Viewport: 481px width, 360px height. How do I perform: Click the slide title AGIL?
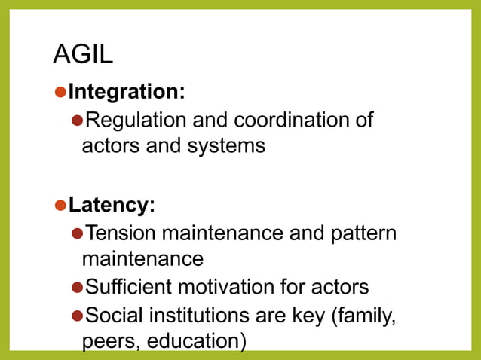click(x=83, y=54)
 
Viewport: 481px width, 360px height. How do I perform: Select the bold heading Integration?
click(x=127, y=92)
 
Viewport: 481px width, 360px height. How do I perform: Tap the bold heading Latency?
click(x=112, y=205)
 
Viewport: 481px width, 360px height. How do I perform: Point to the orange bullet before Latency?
click(x=60, y=205)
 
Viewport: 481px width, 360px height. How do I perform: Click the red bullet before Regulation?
click(x=76, y=121)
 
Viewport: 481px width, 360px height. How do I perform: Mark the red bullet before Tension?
click(x=76, y=233)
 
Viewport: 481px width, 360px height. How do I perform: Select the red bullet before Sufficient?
click(x=76, y=288)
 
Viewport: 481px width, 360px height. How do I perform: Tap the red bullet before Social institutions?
click(x=76, y=315)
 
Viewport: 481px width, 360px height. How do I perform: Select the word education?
click(x=197, y=341)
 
